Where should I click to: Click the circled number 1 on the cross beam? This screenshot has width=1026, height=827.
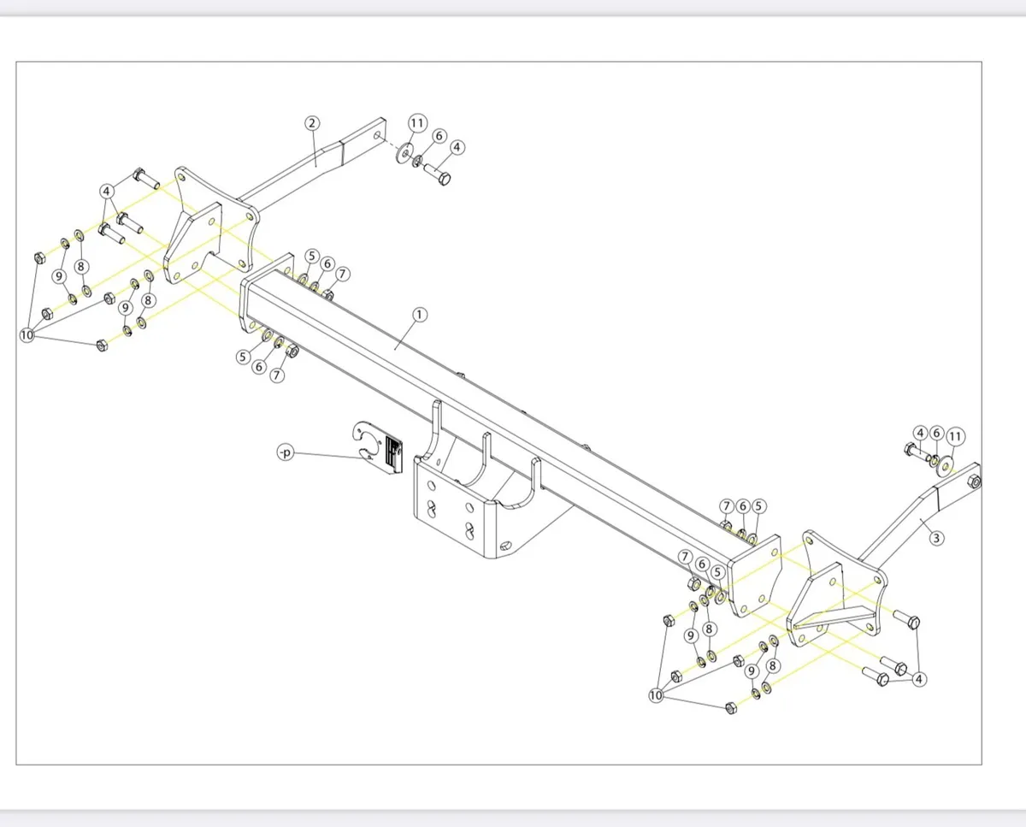[x=419, y=315]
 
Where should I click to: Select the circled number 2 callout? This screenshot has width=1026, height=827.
[x=312, y=122]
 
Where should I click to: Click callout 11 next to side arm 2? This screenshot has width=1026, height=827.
[x=416, y=123]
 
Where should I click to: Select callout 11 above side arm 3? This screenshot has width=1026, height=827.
[x=956, y=436]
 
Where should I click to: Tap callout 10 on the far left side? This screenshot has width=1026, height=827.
[x=27, y=334]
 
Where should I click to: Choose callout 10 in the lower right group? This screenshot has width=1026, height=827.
[x=656, y=696]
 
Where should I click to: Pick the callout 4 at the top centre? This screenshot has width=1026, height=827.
[x=457, y=147]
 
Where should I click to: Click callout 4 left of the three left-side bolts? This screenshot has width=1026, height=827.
[x=107, y=190]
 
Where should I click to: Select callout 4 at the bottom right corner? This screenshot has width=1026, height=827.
[x=919, y=679]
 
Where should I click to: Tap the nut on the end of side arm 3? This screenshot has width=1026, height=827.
[x=976, y=483]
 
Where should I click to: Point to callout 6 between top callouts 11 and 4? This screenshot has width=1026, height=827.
[x=439, y=136]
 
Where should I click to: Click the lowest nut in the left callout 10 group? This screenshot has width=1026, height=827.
[x=102, y=346]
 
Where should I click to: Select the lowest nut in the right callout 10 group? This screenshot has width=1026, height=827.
[x=729, y=707]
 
